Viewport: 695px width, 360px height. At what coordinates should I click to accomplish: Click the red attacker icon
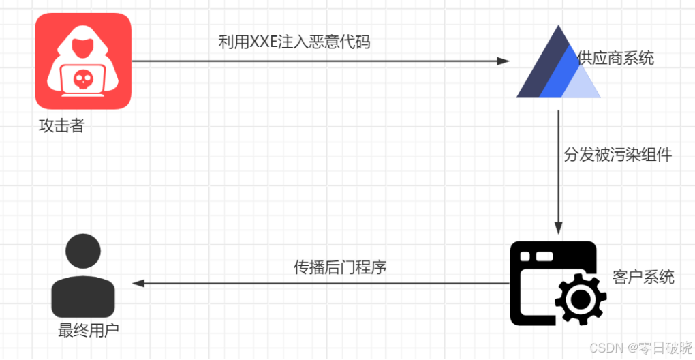point(83,61)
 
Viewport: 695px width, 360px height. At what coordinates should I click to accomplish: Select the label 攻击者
point(61,125)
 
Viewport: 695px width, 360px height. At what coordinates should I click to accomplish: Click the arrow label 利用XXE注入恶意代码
point(294,42)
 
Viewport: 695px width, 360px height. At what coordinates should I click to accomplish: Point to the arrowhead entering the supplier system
point(504,61)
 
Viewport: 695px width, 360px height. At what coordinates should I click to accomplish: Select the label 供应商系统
point(615,58)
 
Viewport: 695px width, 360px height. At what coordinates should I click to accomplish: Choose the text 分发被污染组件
point(617,155)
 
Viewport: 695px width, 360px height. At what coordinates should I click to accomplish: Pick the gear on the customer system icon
point(580,298)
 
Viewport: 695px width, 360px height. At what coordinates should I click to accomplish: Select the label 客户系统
point(643,276)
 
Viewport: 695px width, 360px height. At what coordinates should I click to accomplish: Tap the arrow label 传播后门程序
point(340,267)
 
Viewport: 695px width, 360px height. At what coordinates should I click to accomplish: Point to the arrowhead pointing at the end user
point(138,283)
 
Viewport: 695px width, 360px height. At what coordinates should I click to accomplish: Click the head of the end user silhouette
point(83,252)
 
